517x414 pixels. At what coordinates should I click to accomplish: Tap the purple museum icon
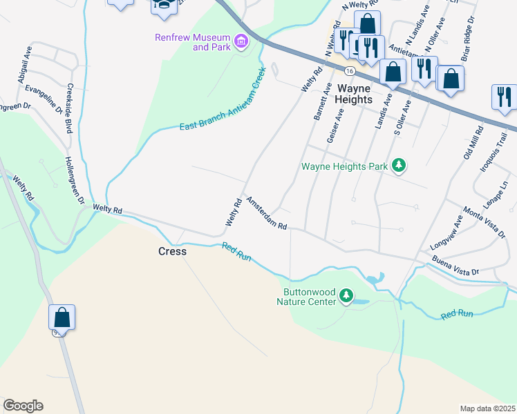click(241, 42)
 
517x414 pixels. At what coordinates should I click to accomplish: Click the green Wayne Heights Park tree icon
click(398, 166)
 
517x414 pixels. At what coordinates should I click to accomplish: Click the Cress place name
click(173, 251)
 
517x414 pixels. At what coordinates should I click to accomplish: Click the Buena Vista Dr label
click(455, 267)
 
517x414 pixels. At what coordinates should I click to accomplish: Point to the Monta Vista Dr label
click(485, 221)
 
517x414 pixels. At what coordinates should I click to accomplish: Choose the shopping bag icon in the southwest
click(62, 318)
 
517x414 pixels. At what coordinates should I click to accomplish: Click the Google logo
click(23, 406)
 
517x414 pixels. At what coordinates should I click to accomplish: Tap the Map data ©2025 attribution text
click(487, 408)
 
